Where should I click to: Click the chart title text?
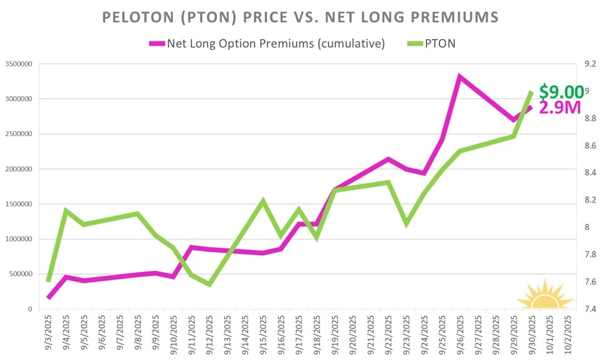[x=301, y=17]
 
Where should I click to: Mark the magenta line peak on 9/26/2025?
[x=460, y=77]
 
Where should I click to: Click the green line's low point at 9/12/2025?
[x=209, y=285]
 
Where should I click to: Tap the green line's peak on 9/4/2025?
[x=66, y=210]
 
